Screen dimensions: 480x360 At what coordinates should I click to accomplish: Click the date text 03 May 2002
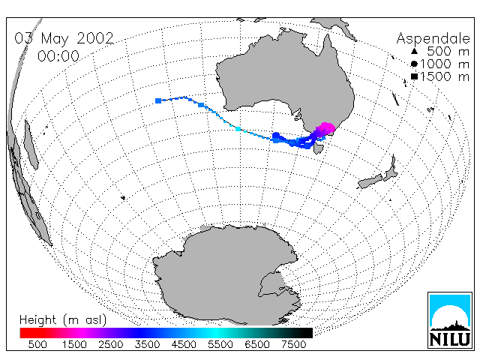pyautogui.click(x=64, y=38)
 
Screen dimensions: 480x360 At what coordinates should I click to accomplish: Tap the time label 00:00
pyautogui.click(x=58, y=56)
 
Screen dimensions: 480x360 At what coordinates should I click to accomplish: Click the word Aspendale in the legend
pyautogui.click(x=433, y=38)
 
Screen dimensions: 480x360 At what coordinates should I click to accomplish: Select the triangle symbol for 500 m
pyautogui.click(x=414, y=51)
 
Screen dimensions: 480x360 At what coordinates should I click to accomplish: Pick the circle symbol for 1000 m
pyautogui.click(x=414, y=64)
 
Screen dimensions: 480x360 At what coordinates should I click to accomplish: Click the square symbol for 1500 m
pyautogui.click(x=415, y=76)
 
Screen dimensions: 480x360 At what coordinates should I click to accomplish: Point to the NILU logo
pyautogui.click(x=450, y=320)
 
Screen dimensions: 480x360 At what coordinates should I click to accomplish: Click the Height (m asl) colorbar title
pyautogui.click(x=63, y=320)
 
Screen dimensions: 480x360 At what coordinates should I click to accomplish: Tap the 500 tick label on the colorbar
pyautogui.click(x=37, y=344)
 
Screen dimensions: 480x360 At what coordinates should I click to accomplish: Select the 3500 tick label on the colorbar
pyautogui.click(x=147, y=344)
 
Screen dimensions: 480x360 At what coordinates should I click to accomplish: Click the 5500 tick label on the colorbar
pyautogui.click(x=220, y=344)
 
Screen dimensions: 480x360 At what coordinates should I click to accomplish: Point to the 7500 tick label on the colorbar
pyautogui.click(x=293, y=344)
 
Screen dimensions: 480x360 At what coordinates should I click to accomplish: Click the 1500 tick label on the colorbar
pyautogui.click(x=74, y=344)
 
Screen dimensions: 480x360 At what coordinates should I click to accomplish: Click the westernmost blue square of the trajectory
pyautogui.click(x=158, y=100)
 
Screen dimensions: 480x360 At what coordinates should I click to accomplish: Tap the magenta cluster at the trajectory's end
pyautogui.click(x=326, y=128)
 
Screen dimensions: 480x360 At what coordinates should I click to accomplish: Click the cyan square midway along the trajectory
pyautogui.click(x=238, y=129)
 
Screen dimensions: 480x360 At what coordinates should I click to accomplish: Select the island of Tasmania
pyautogui.click(x=319, y=149)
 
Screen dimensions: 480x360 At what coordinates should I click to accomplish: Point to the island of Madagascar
pyautogui.click(x=31, y=145)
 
